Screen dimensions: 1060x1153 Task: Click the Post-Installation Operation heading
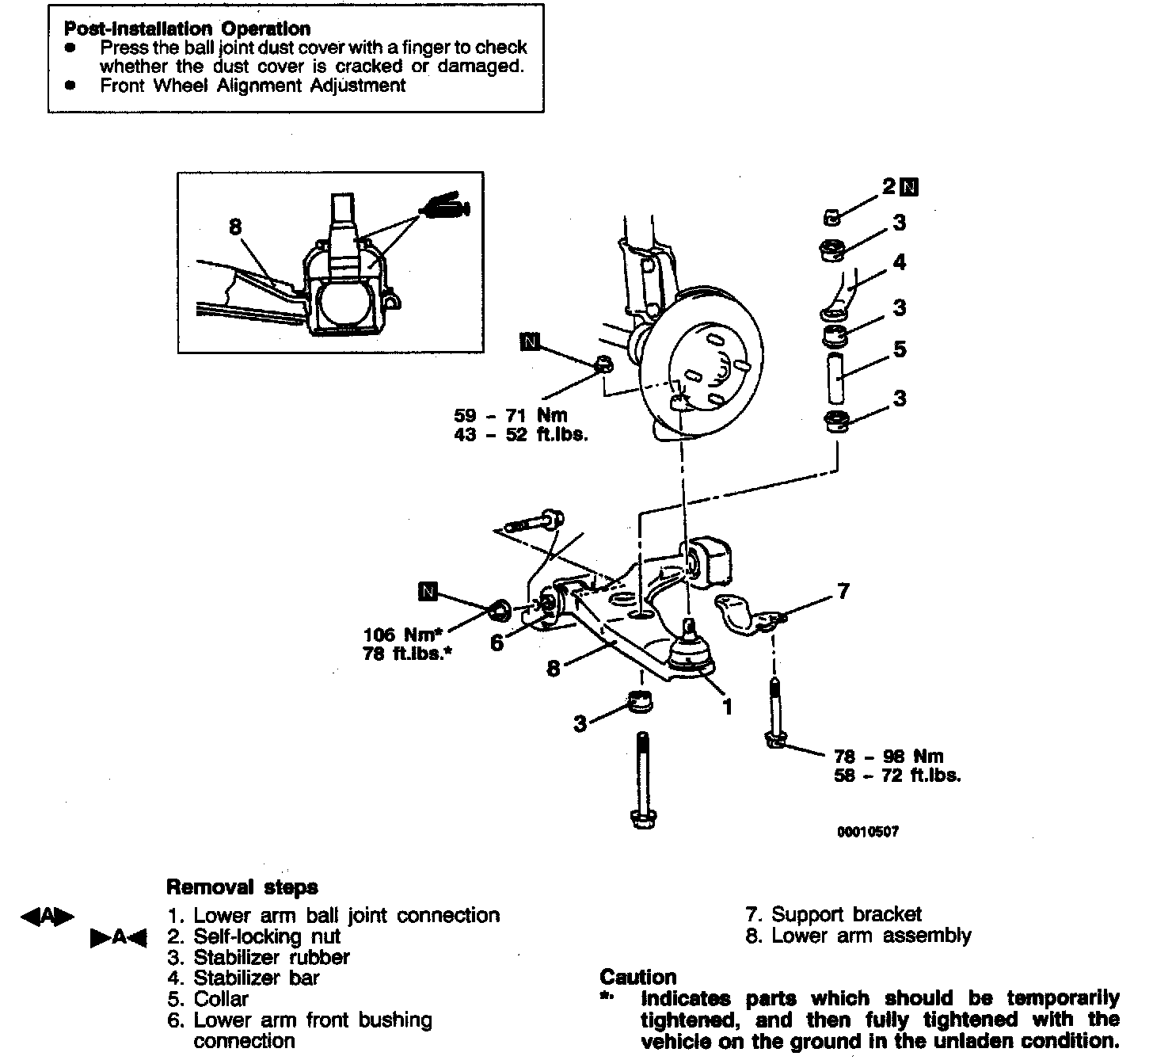(x=187, y=29)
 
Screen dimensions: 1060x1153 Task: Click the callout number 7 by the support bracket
(x=843, y=591)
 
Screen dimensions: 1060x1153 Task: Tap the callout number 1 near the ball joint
(x=727, y=706)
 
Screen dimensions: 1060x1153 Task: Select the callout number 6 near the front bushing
(x=497, y=643)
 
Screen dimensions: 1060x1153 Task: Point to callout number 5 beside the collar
(x=900, y=349)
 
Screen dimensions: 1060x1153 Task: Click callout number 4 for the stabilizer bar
(x=900, y=262)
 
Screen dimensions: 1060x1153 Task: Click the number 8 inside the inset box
(x=235, y=227)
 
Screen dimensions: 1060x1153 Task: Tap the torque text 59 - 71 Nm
(x=511, y=415)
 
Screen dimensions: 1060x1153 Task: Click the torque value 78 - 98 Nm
(x=889, y=757)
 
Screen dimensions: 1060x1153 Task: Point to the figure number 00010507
(x=869, y=833)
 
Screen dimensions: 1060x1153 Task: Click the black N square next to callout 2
(x=911, y=187)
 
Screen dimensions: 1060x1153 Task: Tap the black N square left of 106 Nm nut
(x=428, y=591)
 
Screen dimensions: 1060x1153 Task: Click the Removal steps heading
(x=242, y=887)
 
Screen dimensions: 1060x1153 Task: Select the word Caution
(x=638, y=977)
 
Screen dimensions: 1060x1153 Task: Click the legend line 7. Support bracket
(x=834, y=915)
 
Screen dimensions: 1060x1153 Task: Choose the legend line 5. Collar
(x=208, y=999)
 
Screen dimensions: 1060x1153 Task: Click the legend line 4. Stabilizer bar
(x=244, y=978)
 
